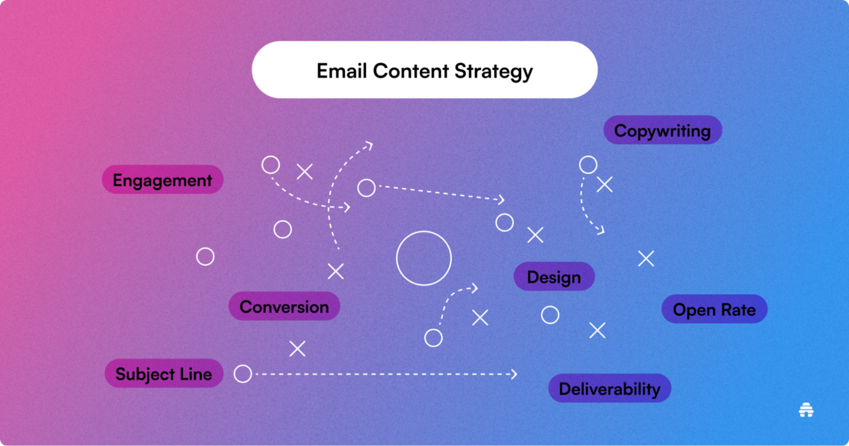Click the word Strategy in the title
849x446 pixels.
click(493, 72)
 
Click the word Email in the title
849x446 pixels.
click(342, 71)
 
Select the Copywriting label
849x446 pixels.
click(662, 130)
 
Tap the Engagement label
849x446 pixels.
click(162, 179)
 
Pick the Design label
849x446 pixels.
click(554, 277)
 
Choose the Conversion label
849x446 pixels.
click(285, 306)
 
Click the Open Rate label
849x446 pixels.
click(714, 309)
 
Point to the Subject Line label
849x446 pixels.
click(164, 373)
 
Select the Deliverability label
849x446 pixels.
click(610, 388)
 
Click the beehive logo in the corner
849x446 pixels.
click(806, 410)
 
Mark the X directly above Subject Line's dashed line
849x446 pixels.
click(298, 349)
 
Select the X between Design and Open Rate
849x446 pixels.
click(646, 259)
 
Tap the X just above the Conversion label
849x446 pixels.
click(336, 271)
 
